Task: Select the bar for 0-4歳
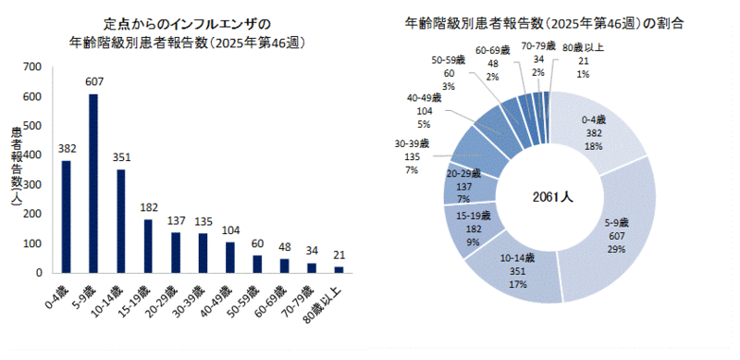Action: pyautogui.click(x=66, y=217)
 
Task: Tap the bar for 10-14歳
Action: pyautogui.click(x=120, y=221)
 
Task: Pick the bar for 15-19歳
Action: pyautogui.click(x=148, y=246)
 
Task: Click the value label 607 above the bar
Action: pyautogui.click(x=93, y=81)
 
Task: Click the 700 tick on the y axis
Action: pyautogui.click(x=32, y=67)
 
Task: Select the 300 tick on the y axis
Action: pyautogui.click(x=32, y=184)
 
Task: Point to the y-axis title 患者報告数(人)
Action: pyautogui.click(x=17, y=171)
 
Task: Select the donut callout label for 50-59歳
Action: pyautogui.click(x=449, y=73)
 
